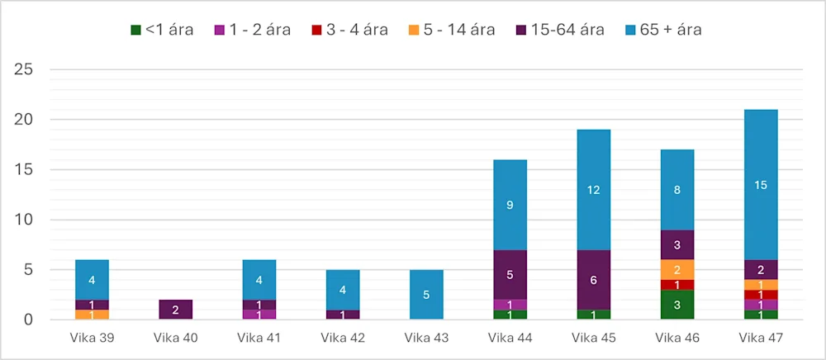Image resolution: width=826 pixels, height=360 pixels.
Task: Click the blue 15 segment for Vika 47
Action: point(761,185)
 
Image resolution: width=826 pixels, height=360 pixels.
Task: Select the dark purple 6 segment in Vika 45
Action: point(593,280)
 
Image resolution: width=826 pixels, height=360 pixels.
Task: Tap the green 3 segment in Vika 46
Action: point(676,305)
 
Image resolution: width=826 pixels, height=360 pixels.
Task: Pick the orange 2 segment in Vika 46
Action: point(676,270)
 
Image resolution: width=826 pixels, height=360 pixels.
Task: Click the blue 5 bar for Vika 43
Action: point(426,295)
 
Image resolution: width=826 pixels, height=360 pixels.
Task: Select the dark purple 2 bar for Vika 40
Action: point(175,310)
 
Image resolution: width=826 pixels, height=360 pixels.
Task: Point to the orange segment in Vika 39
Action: point(92,315)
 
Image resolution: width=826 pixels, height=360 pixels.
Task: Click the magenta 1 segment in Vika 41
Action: point(259,315)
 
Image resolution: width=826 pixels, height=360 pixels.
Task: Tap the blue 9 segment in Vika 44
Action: point(510,205)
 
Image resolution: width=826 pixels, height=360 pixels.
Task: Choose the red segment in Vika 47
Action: point(761,295)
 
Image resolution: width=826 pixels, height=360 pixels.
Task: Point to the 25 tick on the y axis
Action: point(22,69)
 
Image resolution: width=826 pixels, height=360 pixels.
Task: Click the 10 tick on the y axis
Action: point(22,220)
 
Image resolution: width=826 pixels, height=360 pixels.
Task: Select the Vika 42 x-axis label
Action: point(342,337)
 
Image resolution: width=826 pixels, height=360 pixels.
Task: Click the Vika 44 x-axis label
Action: point(510,337)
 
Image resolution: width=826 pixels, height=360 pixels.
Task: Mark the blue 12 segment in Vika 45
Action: point(593,190)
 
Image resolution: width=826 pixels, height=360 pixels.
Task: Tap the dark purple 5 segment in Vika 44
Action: point(510,275)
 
